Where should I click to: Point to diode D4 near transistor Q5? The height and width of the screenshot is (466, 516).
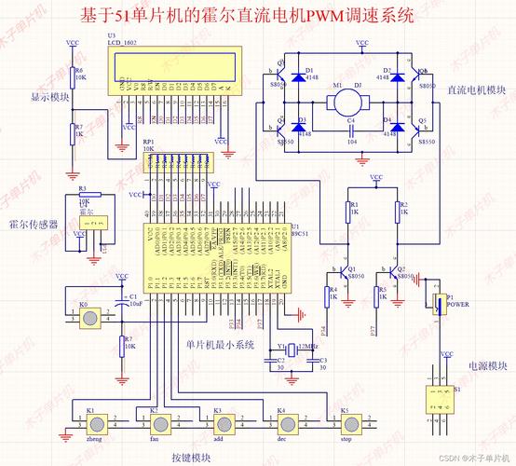coord(398,128)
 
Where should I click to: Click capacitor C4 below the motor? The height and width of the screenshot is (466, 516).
coord(350,128)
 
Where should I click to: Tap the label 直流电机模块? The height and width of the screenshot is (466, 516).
coord(476,90)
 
